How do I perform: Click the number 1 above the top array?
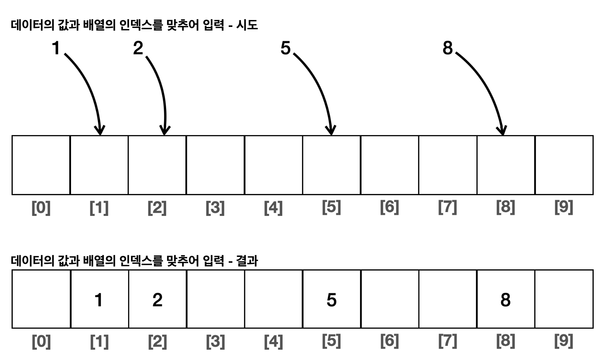click(x=56, y=48)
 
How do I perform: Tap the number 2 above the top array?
click(x=138, y=48)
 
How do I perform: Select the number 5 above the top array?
click(x=286, y=48)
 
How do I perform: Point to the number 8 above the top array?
click(x=447, y=48)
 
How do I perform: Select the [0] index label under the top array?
click(x=41, y=208)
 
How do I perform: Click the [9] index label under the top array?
click(x=563, y=207)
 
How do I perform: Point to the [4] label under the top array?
click(x=273, y=208)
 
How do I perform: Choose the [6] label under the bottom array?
click(x=389, y=341)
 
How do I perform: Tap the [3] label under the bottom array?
click(x=215, y=341)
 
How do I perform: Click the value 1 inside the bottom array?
click(x=99, y=300)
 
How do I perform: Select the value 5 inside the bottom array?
click(x=331, y=300)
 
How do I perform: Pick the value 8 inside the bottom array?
click(x=505, y=300)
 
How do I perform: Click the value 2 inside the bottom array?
click(x=157, y=300)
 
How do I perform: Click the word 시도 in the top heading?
click(x=247, y=25)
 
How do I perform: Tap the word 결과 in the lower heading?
click(x=247, y=261)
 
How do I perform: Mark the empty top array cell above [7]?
click(x=448, y=165)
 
